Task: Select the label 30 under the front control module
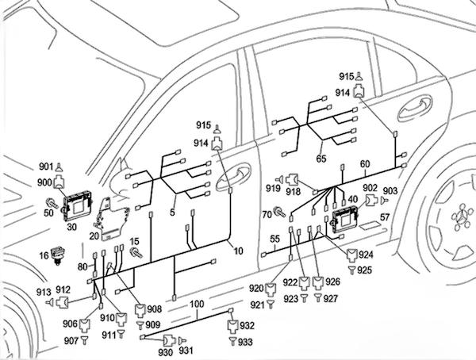[71, 226]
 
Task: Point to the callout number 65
[321, 159]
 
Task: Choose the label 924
[366, 256]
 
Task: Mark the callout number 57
[383, 216]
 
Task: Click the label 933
[246, 342]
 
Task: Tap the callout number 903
[390, 191]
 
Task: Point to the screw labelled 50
[53, 201]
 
